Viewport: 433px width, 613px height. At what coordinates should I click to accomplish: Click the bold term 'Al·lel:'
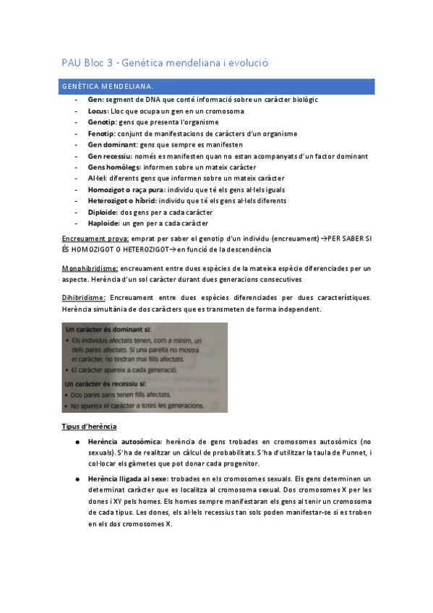[x=98, y=178]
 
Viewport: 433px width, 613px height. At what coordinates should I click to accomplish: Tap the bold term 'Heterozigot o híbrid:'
[x=121, y=200]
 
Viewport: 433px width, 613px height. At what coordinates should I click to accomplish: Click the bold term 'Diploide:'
[x=102, y=212]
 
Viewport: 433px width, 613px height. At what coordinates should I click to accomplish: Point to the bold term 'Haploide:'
[x=103, y=223]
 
